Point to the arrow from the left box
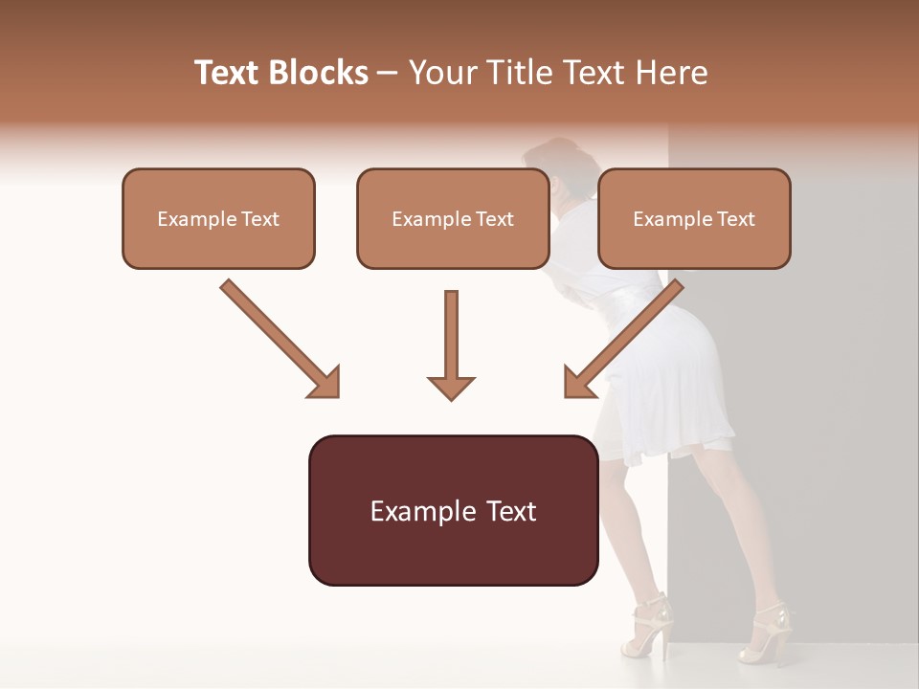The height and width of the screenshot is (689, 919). click(280, 338)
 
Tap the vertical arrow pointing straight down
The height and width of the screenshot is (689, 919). click(451, 345)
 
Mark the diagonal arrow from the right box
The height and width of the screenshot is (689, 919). click(623, 338)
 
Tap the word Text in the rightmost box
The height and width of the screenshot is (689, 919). click(735, 219)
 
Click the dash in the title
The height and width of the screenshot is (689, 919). click(388, 74)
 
